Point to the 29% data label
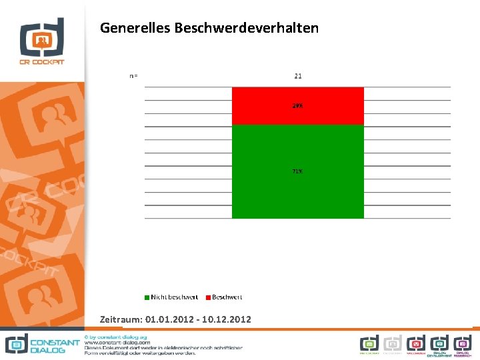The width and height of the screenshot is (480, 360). tap(297, 106)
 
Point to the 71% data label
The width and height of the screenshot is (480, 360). tap(297, 171)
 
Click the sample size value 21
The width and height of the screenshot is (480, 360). tap(298, 76)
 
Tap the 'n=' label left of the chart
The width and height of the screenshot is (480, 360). tap(133, 76)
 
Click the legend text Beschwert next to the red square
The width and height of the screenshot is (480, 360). tap(227, 297)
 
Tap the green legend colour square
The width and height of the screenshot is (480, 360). tap(147, 297)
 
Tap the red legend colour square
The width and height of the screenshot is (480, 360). tap(208, 297)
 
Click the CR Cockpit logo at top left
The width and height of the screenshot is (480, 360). tap(41, 41)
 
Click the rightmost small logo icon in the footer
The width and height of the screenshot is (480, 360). tap(463, 344)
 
